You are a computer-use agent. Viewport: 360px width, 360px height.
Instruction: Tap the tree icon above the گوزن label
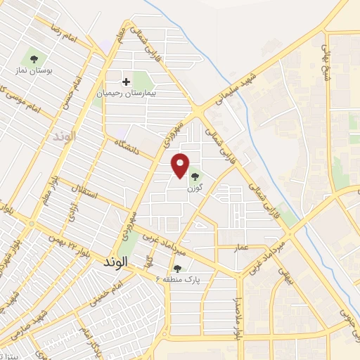pos(195,176)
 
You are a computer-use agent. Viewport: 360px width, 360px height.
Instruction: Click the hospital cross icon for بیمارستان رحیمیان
pos(127,82)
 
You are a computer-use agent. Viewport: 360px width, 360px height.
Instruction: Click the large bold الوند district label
pos(112,261)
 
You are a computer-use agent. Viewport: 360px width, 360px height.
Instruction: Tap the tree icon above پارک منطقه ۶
pos(177,268)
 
